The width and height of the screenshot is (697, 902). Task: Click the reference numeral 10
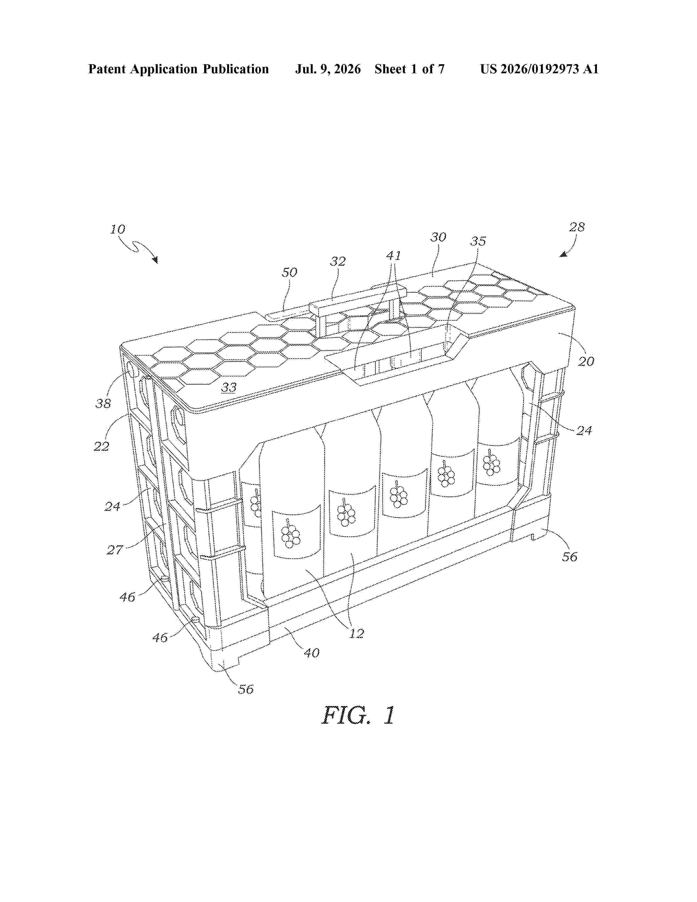tap(118, 229)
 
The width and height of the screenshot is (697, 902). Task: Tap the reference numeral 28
tap(577, 227)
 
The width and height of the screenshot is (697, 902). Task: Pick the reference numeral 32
tap(338, 261)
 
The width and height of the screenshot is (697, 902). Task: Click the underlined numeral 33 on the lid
tap(229, 387)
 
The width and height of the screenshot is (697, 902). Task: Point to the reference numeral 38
tap(103, 403)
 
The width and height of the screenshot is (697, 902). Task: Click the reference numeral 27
tap(115, 550)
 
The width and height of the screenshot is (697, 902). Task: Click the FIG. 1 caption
tap(358, 715)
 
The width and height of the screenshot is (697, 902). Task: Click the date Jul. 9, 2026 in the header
tap(328, 69)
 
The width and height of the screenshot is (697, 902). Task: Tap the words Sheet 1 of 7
tap(410, 69)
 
